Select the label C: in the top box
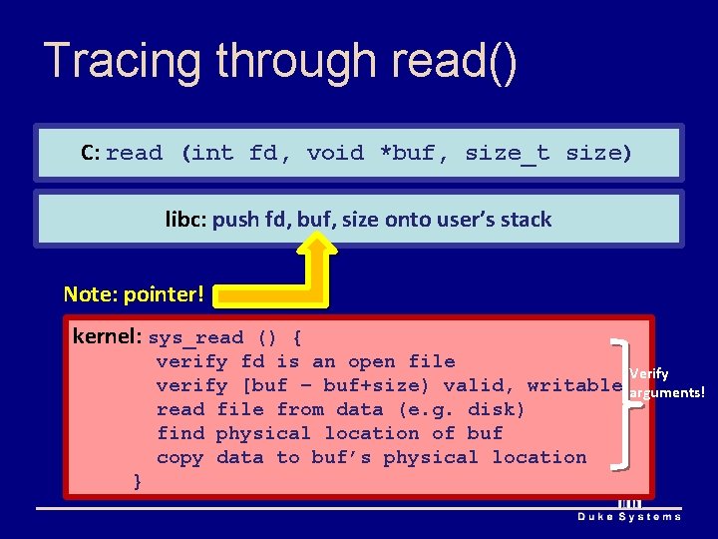click(91, 153)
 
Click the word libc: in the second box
click(185, 220)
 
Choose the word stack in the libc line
click(525, 220)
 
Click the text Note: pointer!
click(134, 293)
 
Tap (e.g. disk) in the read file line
click(460, 409)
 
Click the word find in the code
click(180, 433)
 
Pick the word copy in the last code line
click(180, 457)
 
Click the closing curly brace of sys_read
click(138, 481)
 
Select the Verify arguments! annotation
click(665, 383)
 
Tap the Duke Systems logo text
click(630, 516)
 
